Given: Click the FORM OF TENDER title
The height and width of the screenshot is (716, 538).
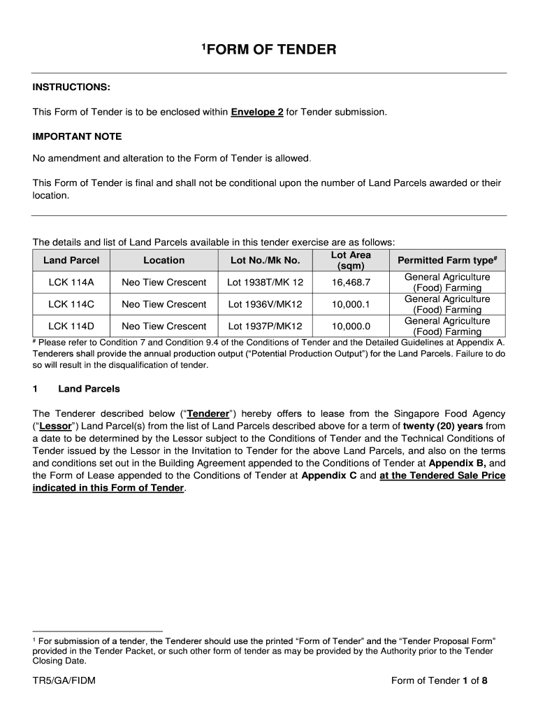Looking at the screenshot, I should (270, 50).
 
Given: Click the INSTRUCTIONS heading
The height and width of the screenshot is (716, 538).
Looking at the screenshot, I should (71, 87).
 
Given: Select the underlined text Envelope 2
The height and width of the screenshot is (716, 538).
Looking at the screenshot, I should (256, 112).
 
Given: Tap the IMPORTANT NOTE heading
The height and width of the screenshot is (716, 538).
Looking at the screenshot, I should (77, 136).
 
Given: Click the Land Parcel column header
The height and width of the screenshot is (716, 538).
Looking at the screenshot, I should (71, 260).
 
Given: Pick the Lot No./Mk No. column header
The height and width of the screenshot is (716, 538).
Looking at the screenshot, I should (265, 260).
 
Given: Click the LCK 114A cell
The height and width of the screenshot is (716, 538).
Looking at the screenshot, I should (71, 282).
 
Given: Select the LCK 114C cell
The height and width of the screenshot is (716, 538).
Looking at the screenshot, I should (71, 304).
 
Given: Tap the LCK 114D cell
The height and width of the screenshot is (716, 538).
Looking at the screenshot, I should (71, 326).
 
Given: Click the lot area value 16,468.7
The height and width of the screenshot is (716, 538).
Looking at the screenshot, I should (351, 282).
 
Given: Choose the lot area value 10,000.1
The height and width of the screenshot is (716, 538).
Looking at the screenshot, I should (351, 304).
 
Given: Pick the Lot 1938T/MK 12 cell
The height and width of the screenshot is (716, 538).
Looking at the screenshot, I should (265, 282).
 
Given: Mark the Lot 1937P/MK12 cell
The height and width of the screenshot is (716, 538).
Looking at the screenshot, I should (265, 326).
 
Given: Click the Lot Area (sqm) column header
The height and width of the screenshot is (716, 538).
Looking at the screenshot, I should (351, 260).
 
